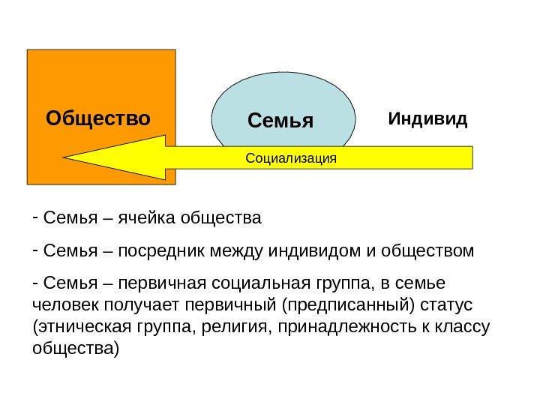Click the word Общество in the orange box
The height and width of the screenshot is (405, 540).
(98, 118)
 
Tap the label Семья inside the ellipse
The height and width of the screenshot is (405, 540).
(280, 120)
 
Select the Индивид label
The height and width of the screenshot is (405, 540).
(427, 118)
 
